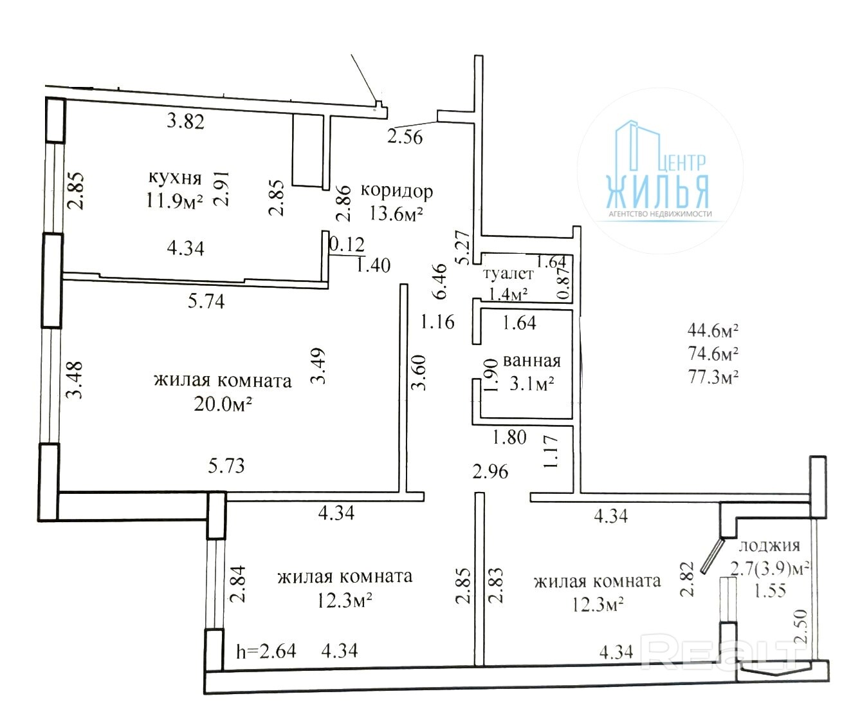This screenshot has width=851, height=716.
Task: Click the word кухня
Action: pos(175,178)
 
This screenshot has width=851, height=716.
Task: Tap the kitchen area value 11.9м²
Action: pos(175,201)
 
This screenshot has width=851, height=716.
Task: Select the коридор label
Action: pos(397,191)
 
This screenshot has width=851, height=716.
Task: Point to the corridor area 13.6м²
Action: pos(396,213)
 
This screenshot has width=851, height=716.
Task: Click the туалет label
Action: pos(508,274)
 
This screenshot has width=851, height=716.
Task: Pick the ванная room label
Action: pos(532,361)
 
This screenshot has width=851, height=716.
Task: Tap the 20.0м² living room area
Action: pos(223,404)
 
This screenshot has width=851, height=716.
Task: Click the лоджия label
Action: pos(769,546)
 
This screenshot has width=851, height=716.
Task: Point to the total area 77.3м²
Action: pos(713,377)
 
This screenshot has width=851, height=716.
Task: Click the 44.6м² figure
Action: pos(713,330)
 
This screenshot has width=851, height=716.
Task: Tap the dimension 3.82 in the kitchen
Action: pos(185,121)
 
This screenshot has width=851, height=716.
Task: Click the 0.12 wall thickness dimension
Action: pos(347,245)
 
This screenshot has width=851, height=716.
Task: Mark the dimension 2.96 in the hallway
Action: pos(490,471)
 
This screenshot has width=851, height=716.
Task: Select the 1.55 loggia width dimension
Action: pos(770,590)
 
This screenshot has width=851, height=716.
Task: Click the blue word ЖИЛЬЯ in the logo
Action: pos(657,192)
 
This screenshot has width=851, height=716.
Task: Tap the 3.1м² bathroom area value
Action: pos(532,384)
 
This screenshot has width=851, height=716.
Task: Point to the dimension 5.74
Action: pos(206,301)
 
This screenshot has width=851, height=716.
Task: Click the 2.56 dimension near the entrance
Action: pos(405,137)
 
